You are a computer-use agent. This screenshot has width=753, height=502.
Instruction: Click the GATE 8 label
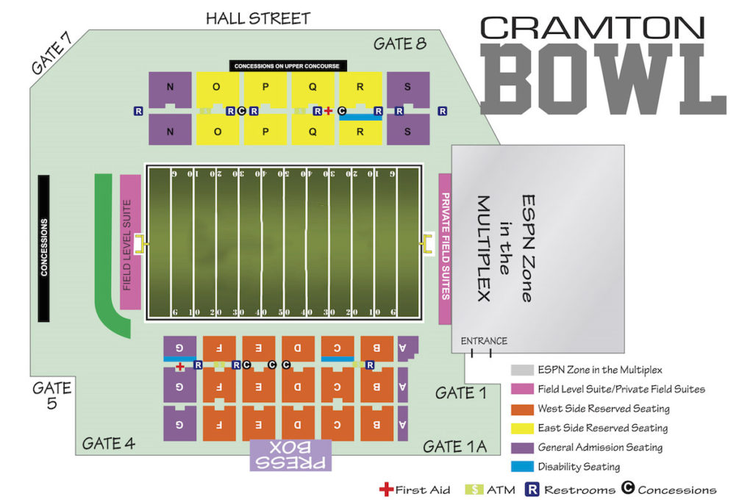pyautogui.click(x=399, y=43)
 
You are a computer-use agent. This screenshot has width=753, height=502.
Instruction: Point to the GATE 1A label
pyautogui.click(x=455, y=446)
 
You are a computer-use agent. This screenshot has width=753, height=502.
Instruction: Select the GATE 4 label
pyautogui.click(x=108, y=443)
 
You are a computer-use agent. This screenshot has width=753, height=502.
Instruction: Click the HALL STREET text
pyautogui.click(x=257, y=18)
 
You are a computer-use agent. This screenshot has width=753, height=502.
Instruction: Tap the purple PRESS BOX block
pyautogui.click(x=291, y=455)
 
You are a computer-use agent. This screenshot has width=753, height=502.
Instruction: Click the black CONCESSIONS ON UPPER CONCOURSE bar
pyautogui.click(x=287, y=66)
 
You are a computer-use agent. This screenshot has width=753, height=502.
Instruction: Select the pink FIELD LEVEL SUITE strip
pyautogui.click(x=129, y=242)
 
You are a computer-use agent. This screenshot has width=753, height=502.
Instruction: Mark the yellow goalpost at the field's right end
pyautogui.click(x=427, y=242)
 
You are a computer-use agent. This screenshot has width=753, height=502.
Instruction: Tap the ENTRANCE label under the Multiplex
pyautogui.click(x=483, y=341)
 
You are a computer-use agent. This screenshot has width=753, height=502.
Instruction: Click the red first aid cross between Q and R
pyautogui.click(x=329, y=111)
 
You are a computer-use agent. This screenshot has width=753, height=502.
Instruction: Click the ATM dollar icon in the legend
pyautogui.click(x=474, y=490)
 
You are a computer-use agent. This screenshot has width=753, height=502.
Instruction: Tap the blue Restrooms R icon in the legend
pyautogui.click(x=532, y=490)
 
